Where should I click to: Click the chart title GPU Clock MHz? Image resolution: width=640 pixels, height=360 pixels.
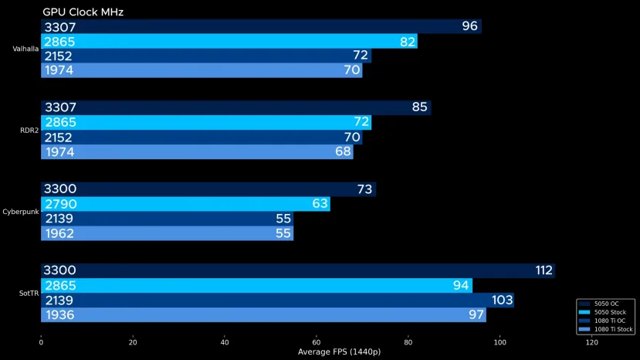click(83, 12)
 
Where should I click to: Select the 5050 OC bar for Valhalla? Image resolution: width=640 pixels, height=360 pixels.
click(261, 26)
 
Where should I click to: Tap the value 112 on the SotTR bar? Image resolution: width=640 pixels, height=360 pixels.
click(543, 270)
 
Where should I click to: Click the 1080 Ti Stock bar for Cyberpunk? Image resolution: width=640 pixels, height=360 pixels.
click(167, 233)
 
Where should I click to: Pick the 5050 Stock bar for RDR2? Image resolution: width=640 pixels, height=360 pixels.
click(205, 123)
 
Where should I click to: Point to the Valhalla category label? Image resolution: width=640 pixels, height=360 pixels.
click(25, 49)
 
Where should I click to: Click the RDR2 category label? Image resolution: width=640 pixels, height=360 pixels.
click(29, 130)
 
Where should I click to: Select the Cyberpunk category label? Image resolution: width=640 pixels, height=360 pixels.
click(21, 211)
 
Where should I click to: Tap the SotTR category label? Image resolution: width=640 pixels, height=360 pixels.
click(29, 293)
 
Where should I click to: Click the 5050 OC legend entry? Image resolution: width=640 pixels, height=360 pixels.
click(607, 304)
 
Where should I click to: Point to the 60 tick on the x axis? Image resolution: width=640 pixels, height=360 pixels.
click(317, 342)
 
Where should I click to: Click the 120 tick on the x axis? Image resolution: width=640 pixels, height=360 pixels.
click(592, 342)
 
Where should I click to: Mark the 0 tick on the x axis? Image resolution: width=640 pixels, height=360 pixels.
click(41, 342)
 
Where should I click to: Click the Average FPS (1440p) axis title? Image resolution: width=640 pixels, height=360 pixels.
click(339, 352)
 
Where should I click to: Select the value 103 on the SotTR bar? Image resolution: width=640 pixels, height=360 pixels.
click(503, 300)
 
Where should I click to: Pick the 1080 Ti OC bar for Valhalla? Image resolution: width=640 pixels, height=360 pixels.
click(205, 56)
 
